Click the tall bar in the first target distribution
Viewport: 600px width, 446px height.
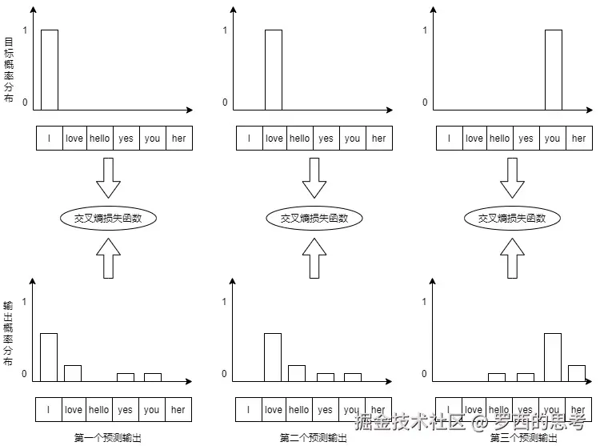[x=49, y=70]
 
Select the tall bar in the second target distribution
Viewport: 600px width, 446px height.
[x=274, y=70]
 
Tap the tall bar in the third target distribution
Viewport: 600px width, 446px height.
[x=553, y=70]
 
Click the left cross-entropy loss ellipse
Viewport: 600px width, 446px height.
[x=109, y=218]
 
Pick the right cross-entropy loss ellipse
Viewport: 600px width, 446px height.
[x=512, y=218]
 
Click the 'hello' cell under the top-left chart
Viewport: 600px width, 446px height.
[x=100, y=139]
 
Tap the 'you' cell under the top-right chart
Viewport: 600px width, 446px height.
[x=553, y=139]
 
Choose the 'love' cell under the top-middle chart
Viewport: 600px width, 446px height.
[x=274, y=139]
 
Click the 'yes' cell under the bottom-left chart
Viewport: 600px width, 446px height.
[x=125, y=410]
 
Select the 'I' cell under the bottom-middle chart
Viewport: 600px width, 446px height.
[x=249, y=410]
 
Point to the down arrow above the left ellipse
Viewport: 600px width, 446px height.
[x=108, y=178]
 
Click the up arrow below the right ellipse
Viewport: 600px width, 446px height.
[x=512, y=258]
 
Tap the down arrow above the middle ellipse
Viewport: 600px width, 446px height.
[x=314, y=178]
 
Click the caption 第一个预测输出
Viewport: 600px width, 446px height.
[x=108, y=438]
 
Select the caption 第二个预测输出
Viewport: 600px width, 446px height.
[x=314, y=438]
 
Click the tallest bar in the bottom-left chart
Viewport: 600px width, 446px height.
[x=49, y=357]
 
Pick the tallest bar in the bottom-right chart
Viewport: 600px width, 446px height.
[x=553, y=357]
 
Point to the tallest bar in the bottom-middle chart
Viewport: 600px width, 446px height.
[x=273, y=357]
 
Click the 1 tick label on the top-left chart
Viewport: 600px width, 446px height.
[x=25, y=30]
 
